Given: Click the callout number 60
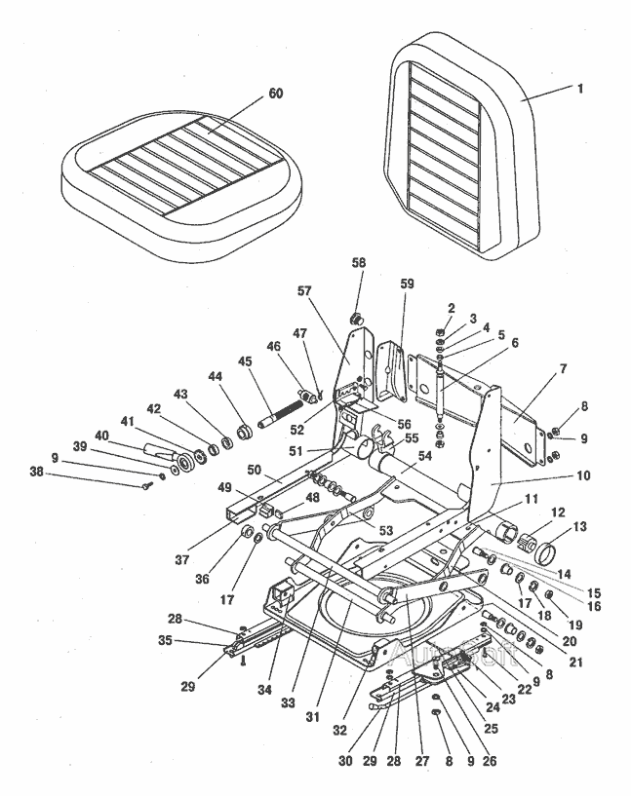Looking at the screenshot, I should click(276, 95).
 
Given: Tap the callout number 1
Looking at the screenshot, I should click(580, 89).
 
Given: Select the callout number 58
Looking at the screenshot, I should click(358, 291).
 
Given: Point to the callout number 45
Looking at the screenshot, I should click(244, 360).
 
